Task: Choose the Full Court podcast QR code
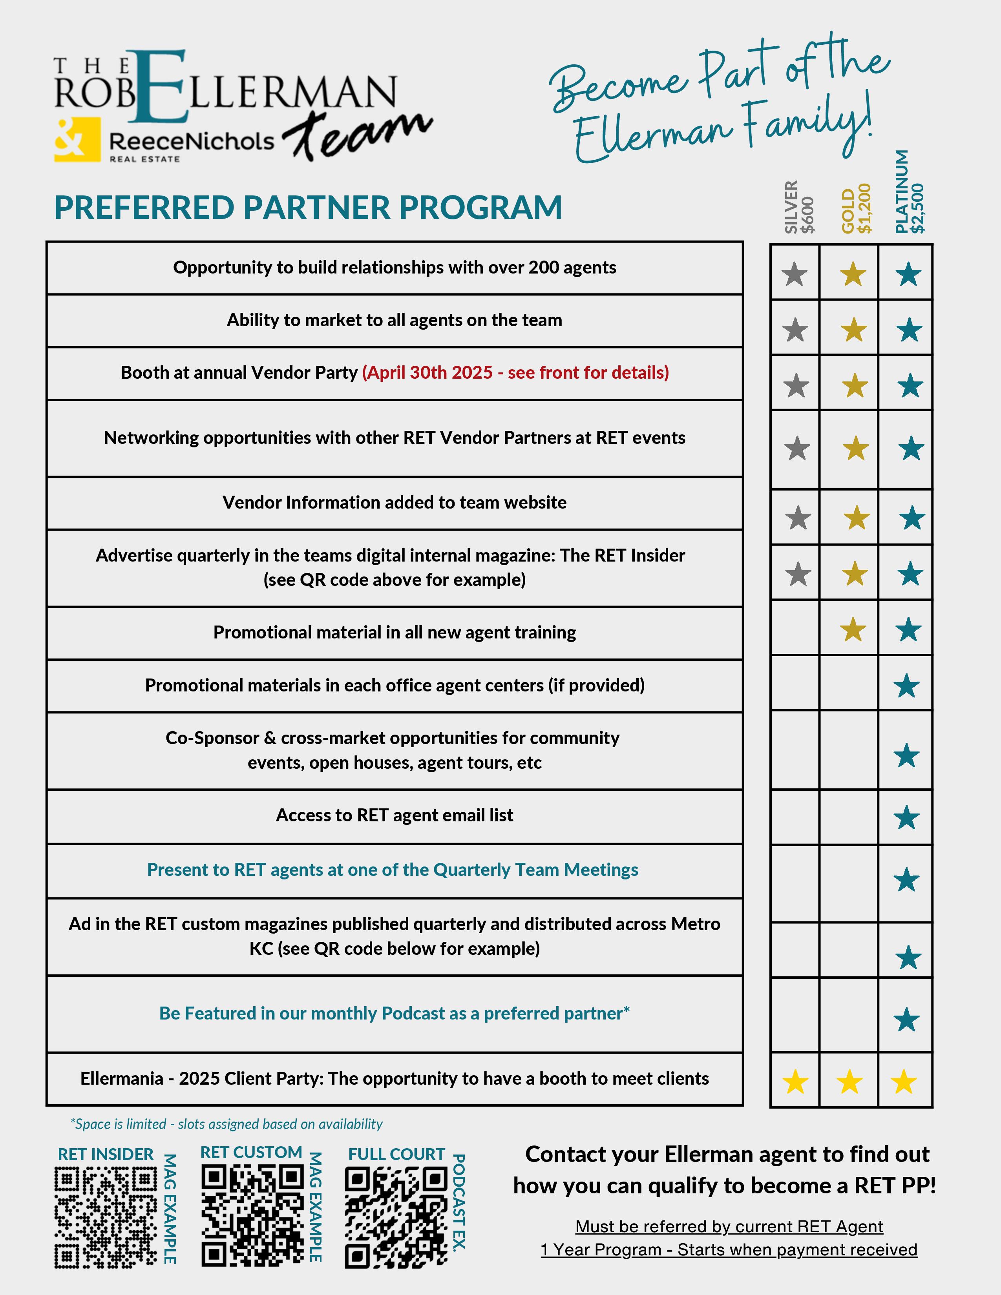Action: (396, 1217)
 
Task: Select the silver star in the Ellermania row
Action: (795, 1082)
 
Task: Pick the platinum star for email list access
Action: (907, 818)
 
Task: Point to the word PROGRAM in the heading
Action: (480, 208)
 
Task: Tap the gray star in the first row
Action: (795, 275)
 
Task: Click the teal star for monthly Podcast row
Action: (907, 1020)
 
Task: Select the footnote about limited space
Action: (226, 1124)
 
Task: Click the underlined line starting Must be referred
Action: (729, 1226)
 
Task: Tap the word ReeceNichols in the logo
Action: (192, 141)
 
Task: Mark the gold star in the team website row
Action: (856, 518)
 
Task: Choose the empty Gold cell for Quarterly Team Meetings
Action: (849, 882)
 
